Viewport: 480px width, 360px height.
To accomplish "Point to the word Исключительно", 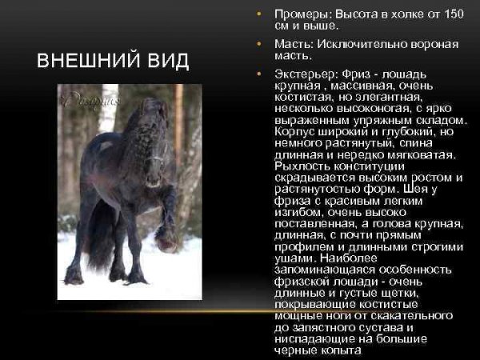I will point(359,44).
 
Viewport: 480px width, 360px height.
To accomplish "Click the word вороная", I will point(434,44).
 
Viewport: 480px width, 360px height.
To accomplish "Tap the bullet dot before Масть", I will point(258,44).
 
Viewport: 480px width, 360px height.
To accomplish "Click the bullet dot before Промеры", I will point(258,14).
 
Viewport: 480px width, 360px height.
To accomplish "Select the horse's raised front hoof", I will point(166,239).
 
